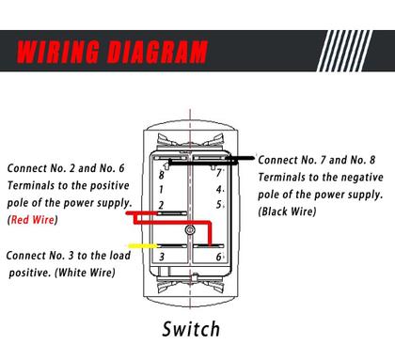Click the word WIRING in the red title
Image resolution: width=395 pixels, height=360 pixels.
click(x=58, y=52)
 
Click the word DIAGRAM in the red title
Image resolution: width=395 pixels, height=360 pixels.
click(x=157, y=52)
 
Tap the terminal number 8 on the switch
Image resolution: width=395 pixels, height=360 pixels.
click(x=162, y=175)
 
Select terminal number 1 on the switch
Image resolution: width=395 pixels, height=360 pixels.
click(x=161, y=190)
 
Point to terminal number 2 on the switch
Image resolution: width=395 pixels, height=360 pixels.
click(x=161, y=205)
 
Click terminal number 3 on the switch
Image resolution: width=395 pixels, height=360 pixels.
click(x=162, y=257)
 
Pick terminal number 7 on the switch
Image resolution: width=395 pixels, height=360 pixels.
click(x=219, y=173)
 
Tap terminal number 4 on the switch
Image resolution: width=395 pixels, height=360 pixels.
click(x=219, y=190)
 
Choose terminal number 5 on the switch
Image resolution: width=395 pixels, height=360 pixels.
click(x=219, y=205)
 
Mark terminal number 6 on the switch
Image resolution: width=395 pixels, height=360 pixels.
click(x=219, y=257)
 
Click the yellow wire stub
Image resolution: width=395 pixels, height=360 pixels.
click(x=143, y=246)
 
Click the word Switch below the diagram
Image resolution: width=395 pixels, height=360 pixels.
click(x=191, y=329)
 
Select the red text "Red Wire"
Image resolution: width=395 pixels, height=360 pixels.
click(x=33, y=220)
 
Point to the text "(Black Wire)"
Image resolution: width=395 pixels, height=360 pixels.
click(x=287, y=211)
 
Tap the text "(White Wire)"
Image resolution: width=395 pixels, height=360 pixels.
click(x=85, y=273)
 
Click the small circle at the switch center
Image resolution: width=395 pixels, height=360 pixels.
click(x=190, y=230)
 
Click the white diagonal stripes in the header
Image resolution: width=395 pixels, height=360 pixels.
click(x=344, y=51)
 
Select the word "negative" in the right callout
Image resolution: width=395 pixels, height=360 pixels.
click(x=361, y=178)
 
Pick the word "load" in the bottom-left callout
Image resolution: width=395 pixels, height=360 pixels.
click(x=118, y=256)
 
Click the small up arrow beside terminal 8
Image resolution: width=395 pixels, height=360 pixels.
click(x=166, y=165)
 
